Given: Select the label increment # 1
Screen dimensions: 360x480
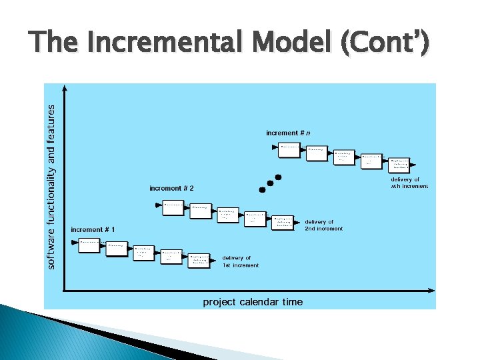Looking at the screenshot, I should click(x=93, y=230).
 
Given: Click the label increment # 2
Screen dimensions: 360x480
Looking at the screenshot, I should click(x=171, y=189).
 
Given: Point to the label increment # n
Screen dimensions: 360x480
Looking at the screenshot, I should click(x=288, y=133).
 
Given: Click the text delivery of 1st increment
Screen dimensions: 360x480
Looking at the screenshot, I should click(x=240, y=261).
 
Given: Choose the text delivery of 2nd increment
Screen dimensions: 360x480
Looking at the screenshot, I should click(x=324, y=225).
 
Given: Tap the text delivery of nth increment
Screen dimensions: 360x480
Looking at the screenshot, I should click(x=409, y=183).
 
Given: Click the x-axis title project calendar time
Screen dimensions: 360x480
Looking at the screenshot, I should click(x=252, y=302).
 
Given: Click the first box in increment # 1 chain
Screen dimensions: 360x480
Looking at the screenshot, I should click(x=89, y=244).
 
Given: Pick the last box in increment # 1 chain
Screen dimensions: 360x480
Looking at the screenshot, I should click(x=200, y=260).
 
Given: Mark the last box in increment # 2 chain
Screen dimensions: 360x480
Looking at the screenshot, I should click(x=283, y=221).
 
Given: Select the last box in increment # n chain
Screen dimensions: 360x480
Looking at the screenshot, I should click(x=400, y=164).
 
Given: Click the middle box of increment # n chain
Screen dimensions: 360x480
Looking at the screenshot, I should click(x=344, y=156).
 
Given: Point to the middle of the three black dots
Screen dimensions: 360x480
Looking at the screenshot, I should click(x=270, y=183).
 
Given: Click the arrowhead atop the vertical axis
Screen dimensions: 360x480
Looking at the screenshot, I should click(x=64, y=87).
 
